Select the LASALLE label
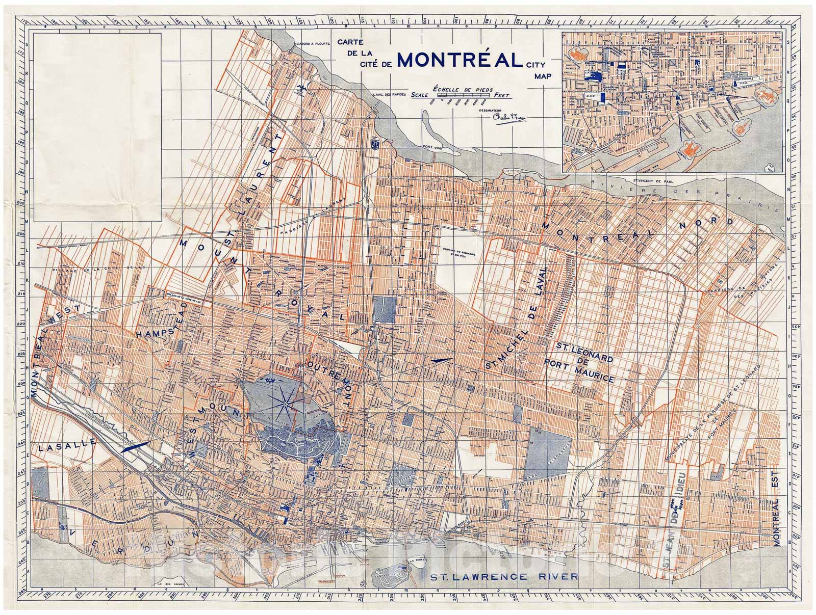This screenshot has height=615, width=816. [67, 446]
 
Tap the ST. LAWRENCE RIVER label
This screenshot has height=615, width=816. [504, 577]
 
